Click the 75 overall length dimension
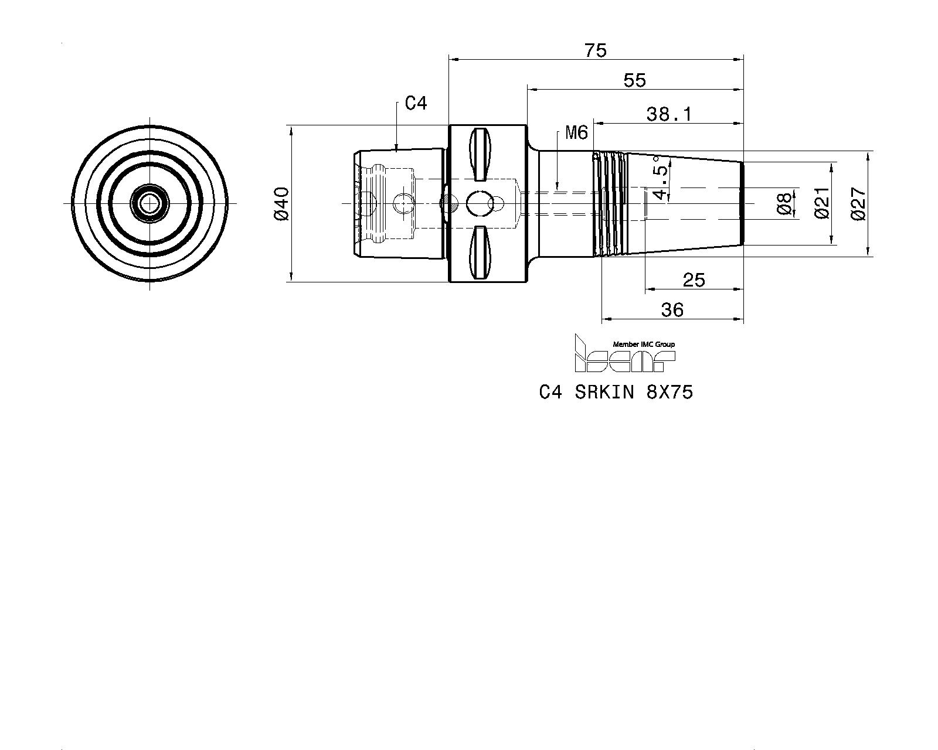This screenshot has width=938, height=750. point(596,51)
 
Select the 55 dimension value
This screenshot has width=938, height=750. point(635,81)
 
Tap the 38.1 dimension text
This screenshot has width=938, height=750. point(669,115)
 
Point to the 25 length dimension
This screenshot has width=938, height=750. point(694,280)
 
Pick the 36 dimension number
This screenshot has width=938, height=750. point(672,311)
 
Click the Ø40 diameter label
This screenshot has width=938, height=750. point(282,203)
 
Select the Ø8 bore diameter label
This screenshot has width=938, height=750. point(784,203)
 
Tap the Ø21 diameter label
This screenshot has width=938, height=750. point(822,203)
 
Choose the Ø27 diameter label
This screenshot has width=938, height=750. point(859,203)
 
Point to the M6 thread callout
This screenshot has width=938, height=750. point(576,132)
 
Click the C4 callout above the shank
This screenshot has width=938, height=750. point(416,103)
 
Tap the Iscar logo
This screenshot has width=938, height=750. point(625,354)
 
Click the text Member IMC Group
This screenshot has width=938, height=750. point(644,345)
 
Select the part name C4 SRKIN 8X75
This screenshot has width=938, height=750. point(616,393)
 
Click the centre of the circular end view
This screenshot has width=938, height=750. point(150,203)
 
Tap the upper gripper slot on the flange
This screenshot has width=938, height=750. point(480,154)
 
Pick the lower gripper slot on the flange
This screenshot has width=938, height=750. point(480,253)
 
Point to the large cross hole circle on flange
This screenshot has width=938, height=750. point(478,203)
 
